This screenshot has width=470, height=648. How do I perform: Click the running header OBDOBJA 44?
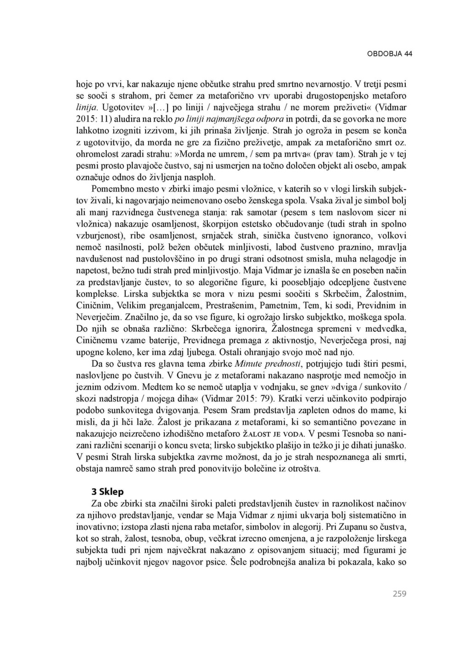[389, 54]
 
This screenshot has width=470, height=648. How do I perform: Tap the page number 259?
[399, 594]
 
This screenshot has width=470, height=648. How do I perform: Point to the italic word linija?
[86, 108]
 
